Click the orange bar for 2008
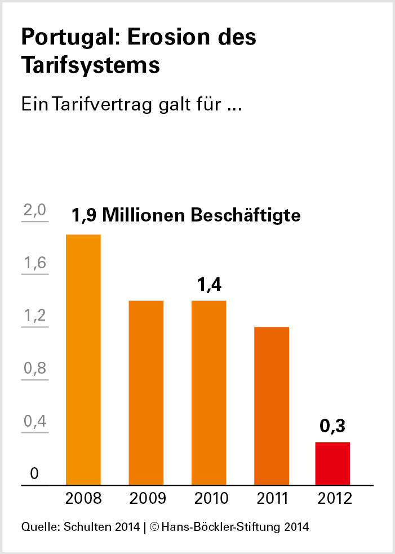click(x=83, y=359)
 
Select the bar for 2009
click(x=146, y=392)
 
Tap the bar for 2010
click(x=208, y=392)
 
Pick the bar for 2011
click(x=271, y=405)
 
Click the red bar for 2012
click(x=332, y=463)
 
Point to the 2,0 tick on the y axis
click(x=34, y=211)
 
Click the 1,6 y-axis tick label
click(x=34, y=264)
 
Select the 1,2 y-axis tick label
click(x=34, y=316)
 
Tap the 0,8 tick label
click(x=34, y=369)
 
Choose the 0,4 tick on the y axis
click(x=34, y=422)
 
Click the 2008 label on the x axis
click(x=83, y=499)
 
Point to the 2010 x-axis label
click(x=211, y=499)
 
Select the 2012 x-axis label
click(x=334, y=499)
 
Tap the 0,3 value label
click(x=332, y=427)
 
